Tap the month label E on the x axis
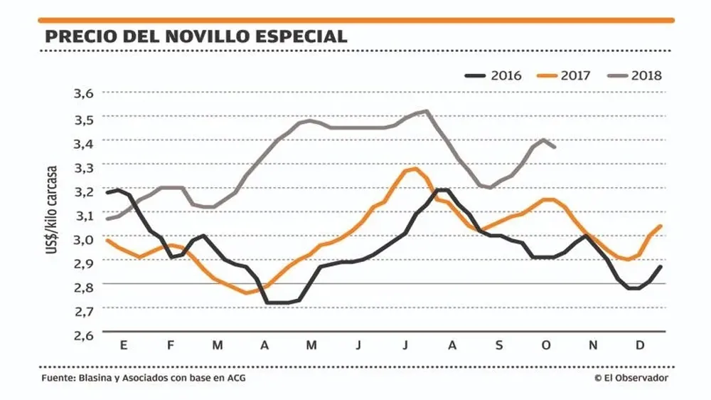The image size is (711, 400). [124, 345]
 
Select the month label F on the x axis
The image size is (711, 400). [171, 345]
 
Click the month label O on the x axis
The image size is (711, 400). [546, 345]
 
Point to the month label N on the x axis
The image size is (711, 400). [593, 345]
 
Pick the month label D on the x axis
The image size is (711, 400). [640, 345]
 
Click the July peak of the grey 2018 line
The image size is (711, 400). [426, 111]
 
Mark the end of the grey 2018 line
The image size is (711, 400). [555, 147]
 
